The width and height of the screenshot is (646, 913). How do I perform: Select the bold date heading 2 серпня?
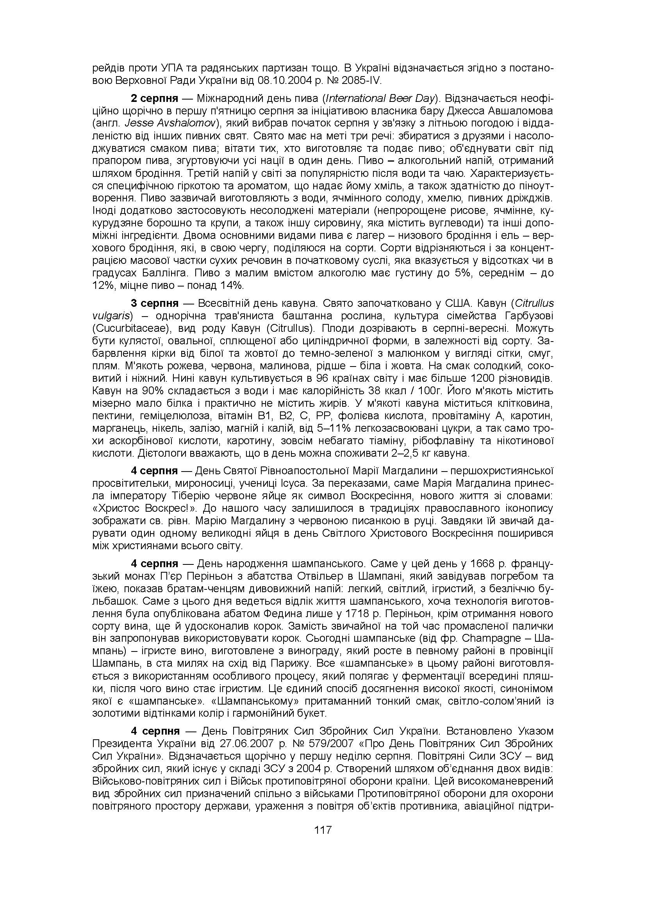coord(155,98)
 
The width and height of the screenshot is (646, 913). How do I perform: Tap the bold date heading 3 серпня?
coord(155,304)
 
